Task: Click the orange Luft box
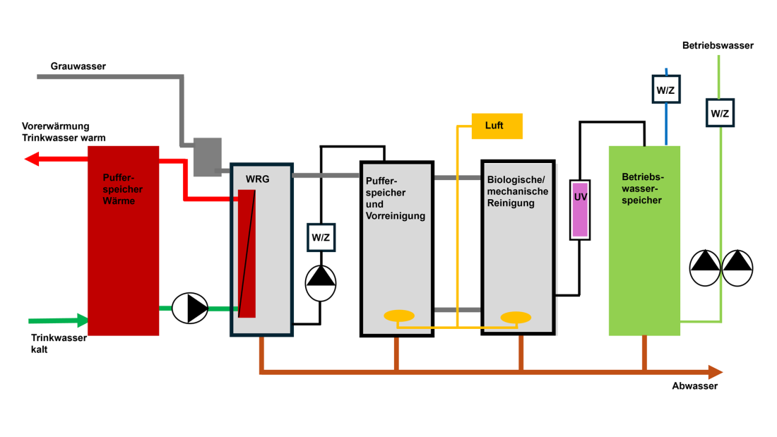pyautogui.click(x=497, y=126)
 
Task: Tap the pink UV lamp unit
pyautogui.click(x=580, y=209)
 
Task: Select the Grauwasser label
pyautogui.click(x=78, y=66)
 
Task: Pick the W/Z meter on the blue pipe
pyautogui.click(x=665, y=90)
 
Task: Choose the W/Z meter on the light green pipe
pyautogui.click(x=720, y=113)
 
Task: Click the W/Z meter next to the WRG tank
pyautogui.click(x=321, y=237)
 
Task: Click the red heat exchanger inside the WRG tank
pyautogui.click(x=247, y=254)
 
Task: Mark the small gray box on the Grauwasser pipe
pyautogui.click(x=207, y=157)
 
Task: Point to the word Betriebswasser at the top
pyautogui.click(x=718, y=46)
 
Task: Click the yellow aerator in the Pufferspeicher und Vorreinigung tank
pyautogui.click(x=398, y=316)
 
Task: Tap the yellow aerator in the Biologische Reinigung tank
pyautogui.click(x=516, y=317)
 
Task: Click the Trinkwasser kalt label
pyautogui.click(x=59, y=343)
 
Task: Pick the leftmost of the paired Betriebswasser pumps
pyautogui.click(x=704, y=268)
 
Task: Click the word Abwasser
pyautogui.click(x=695, y=386)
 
